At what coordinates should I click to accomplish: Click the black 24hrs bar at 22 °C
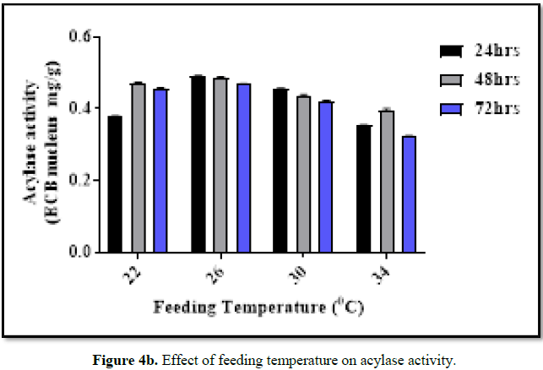coord(115,184)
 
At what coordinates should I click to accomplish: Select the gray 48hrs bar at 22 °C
coord(138,168)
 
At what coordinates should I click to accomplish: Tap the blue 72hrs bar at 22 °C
coord(160,171)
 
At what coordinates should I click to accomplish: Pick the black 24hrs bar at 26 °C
coord(198,164)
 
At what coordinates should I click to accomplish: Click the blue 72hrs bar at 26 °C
coord(243,168)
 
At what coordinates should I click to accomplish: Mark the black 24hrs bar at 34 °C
coord(364,189)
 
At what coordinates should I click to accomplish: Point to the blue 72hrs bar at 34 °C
coord(410,194)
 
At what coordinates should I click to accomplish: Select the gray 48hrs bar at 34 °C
coord(387,182)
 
